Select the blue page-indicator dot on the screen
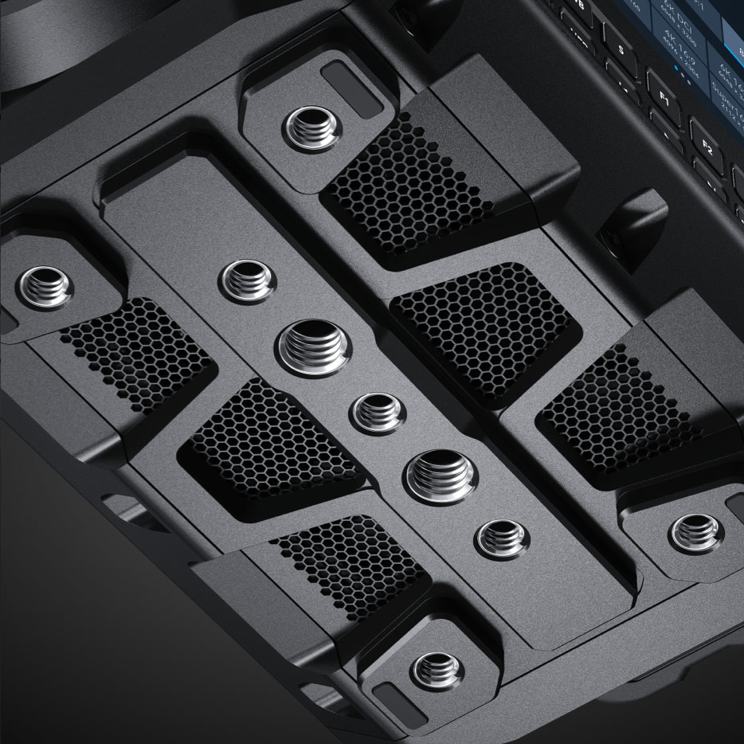pos(676,69)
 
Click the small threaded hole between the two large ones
pos(378,413)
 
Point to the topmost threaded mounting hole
pos(313,126)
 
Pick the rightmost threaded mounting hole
pos(695,531)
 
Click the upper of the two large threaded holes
pos(314,347)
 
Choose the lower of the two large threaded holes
pos(441,476)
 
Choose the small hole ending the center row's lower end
pos(502,539)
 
